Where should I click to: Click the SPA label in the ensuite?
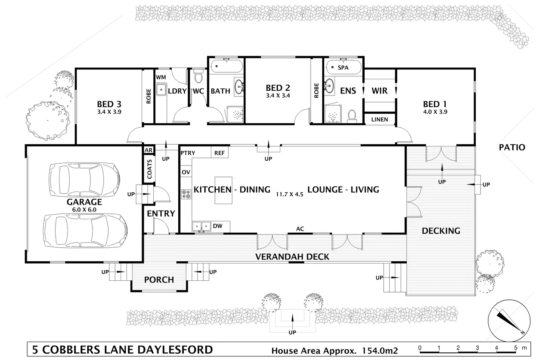click(343, 68)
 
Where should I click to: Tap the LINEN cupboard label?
click(380, 120)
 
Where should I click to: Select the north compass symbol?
click(509, 321)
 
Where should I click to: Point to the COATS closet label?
click(149, 169)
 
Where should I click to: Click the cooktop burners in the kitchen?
click(186, 194)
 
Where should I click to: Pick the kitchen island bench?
click(223, 190)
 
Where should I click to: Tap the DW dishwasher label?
click(218, 226)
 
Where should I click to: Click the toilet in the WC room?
click(198, 76)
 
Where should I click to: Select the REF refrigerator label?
click(219, 153)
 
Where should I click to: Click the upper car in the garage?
click(84, 180)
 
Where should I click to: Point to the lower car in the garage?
click(85, 230)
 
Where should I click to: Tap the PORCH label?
click(159, 280)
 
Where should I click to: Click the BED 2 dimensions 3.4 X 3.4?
click(278, 95)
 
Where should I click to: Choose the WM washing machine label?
click(161, 77)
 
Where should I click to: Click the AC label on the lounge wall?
click(300, 229)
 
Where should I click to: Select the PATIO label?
click(512, 147)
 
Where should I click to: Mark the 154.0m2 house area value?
click(380, 350)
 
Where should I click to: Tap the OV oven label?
click(186, 172)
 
